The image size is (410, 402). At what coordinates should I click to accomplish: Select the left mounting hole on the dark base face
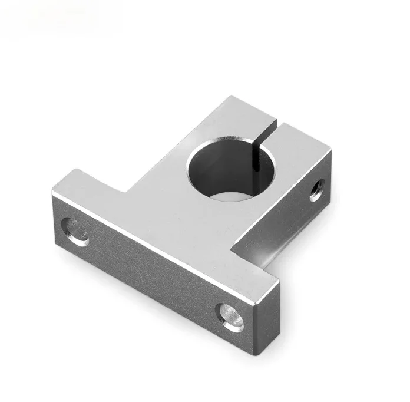75,230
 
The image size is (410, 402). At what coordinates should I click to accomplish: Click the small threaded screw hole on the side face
316,191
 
